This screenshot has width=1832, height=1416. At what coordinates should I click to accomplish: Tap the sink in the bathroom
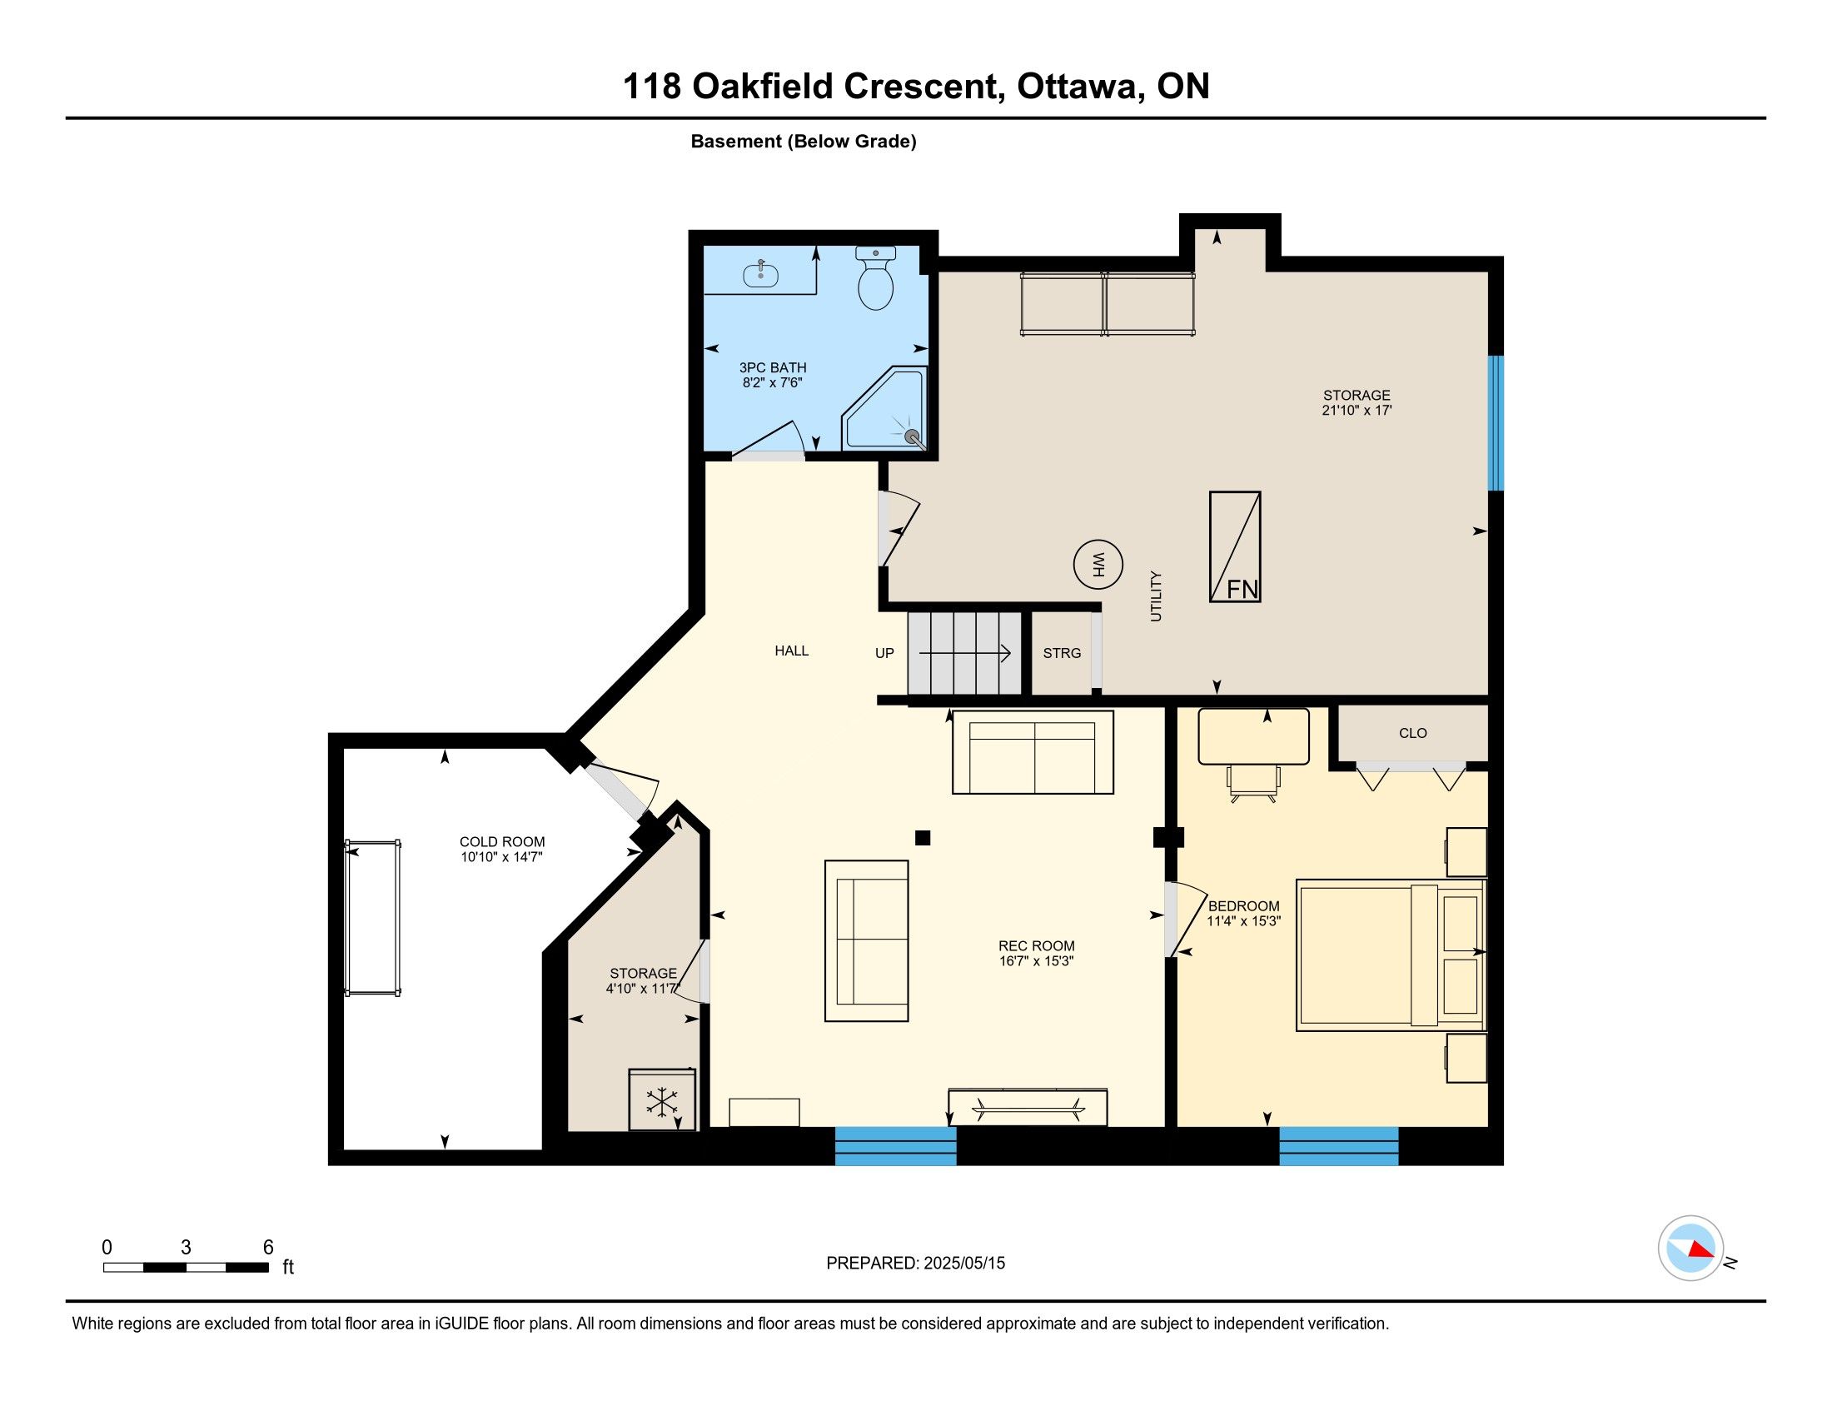click(761, 273)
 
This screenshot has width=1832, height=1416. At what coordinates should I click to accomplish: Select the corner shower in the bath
click(886, 408)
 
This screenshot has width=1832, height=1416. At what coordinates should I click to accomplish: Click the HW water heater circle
click(1098, 564)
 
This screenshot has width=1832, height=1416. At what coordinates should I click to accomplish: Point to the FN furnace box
click(1235, 546)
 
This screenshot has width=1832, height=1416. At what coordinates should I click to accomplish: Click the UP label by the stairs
click(884, 654)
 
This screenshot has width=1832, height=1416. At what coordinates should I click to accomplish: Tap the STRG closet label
click(1062, 654)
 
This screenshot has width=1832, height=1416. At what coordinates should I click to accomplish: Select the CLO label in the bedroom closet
click(1412, 733)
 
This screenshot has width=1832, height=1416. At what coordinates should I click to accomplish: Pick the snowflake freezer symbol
click(662, 1101)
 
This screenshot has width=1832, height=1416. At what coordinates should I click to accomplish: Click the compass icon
click(1690, 1249)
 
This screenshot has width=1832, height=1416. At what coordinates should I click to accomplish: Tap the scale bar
click(187, 1267)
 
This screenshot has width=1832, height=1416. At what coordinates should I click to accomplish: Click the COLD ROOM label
click(501, 842)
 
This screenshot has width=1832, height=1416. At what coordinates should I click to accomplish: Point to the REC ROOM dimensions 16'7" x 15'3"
click(1036, 961)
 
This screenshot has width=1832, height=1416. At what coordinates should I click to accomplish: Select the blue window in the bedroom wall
click(1339, 1146)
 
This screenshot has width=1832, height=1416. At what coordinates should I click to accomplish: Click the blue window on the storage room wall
click(1496, 423)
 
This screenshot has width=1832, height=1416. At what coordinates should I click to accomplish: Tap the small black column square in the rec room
click(923, 837)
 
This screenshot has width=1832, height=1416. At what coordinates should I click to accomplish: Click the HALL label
click(791, 651)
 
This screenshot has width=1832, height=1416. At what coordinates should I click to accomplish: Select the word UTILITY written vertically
click(1156, 596)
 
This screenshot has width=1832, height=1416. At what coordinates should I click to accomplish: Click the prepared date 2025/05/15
click(963, 1264)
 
